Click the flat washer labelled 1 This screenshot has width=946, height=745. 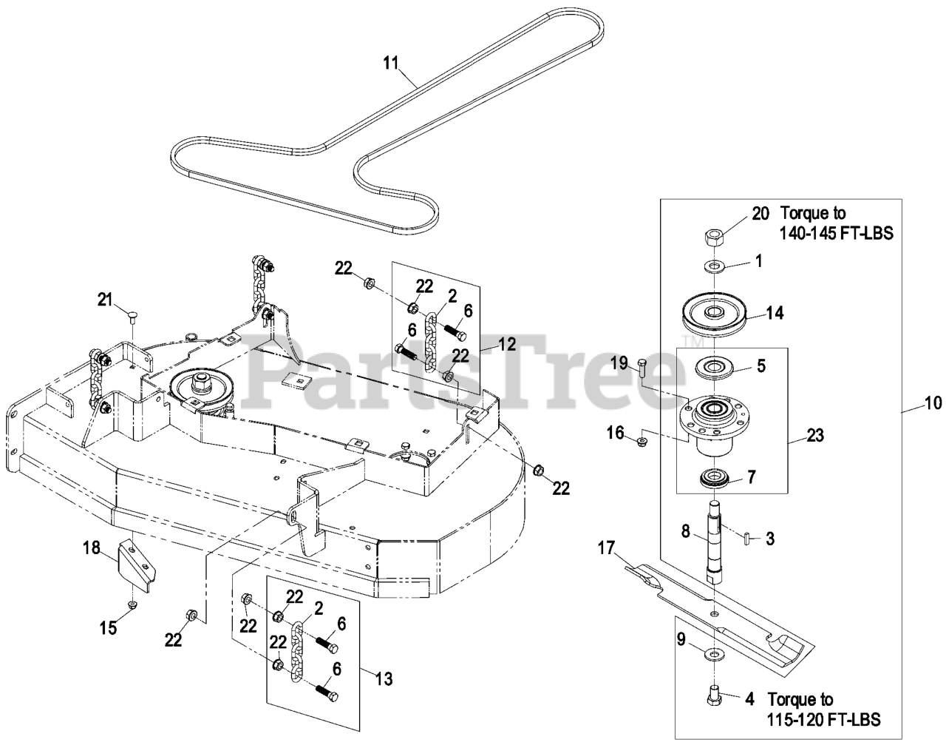point(714,265)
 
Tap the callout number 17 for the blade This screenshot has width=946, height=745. point(607,549)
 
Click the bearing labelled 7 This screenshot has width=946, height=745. point(715,478)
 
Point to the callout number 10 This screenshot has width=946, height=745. point(933,403)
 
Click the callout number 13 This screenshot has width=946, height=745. point(384,678)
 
